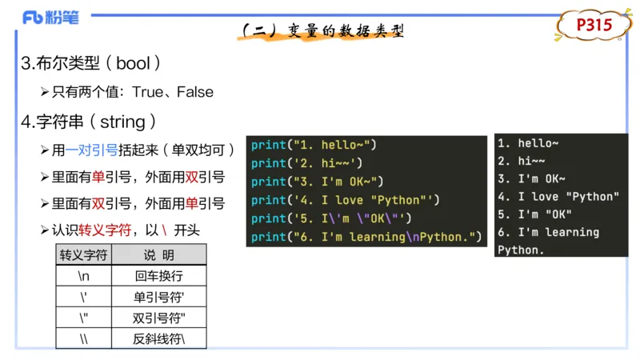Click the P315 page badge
(594, 26)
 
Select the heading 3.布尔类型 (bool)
(95, 63)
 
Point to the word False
(195, 92)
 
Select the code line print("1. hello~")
(314, 145)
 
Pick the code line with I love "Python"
(346, 200)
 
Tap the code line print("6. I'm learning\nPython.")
(367, 237)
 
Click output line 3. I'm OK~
(531, 178)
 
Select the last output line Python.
(520, 250)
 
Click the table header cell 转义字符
(84, 255)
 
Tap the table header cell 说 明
(158, 255)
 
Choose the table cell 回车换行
(158, 276)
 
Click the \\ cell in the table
(84, 338)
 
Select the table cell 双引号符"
(158, 318)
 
